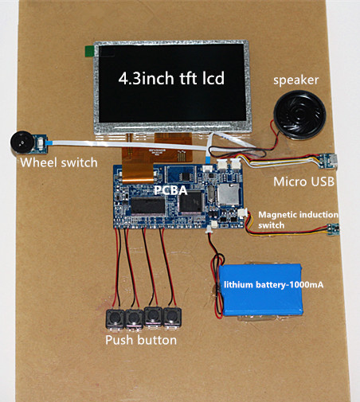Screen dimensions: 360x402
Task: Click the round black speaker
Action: [299, 115]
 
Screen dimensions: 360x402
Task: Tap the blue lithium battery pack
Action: [260, 290]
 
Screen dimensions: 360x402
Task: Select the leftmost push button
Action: [115, 318]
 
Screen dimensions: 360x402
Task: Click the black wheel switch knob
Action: [22, 142]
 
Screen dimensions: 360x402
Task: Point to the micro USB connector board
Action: [328, 161]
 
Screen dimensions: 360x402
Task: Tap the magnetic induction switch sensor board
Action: [333, 229]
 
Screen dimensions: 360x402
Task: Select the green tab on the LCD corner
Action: [89, 51]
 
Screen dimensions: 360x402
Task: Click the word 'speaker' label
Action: [295, 80]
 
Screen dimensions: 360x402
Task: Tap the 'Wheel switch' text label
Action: [59, 162]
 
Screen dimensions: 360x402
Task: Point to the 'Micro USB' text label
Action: [303, 181]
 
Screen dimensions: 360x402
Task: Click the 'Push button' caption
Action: [141, 340]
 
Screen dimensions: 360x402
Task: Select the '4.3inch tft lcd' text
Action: [171, 78]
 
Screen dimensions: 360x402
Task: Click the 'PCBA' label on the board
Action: [171, 190]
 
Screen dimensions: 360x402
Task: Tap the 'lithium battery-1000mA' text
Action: [274, 285]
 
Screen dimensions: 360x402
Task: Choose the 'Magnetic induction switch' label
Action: [298, 220]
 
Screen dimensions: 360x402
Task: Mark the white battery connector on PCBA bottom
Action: [213, 225]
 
